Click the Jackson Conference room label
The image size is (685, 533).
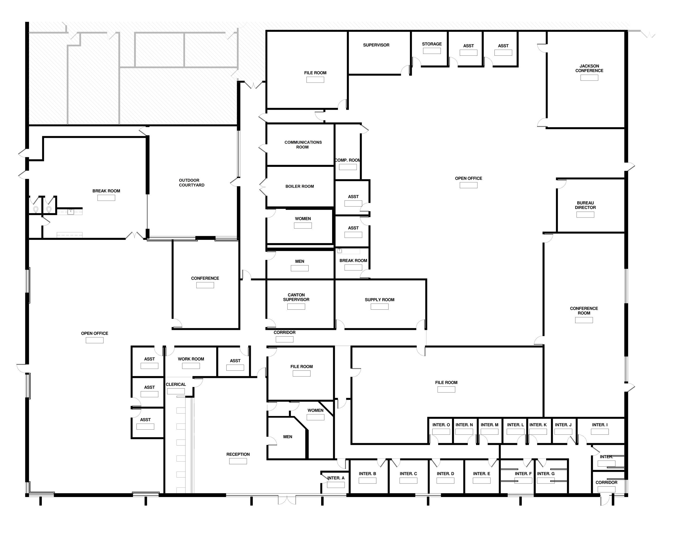pyautogui.click(x=589, y=68)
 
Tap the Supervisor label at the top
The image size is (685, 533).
pyautogui.click(x=376, y=45)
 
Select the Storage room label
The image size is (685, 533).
pyautogui.click(x=432, y=44)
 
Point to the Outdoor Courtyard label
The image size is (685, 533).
pyautogui.click(x=191, y=183)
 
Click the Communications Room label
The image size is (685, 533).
pyautogui.click(x=303, y=144)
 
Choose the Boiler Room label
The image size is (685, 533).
pyautogui.click(x=300, y=186)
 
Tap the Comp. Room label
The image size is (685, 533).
pyautogui.click(x=348, y=160)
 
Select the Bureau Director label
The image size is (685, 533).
pyautogui.click(x=585, y=205)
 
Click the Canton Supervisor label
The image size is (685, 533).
pyautogui.click(x=296, y=297)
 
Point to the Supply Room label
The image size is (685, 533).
pyautogui.click(x=380, y=300)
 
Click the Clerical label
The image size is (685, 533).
pyautogui.click(x=176, y=384)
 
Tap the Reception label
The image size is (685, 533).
pyautogui.click(x=238, y=454)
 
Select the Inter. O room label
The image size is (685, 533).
pyautogui.click(x=441, y=425)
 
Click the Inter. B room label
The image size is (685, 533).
pyautogui.click(x=367, y=474)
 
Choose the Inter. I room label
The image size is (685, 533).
pyautogui.click(x=600, y=425)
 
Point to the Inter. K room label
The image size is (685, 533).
pyautogui.click(x=538, y=425)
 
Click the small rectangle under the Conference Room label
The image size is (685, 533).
pyautogui.click(x=584, y=320)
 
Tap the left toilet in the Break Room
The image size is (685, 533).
pyautogui.click(x=36, y=209)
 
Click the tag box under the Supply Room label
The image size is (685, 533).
pyautogui.click(x=380, y=307)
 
